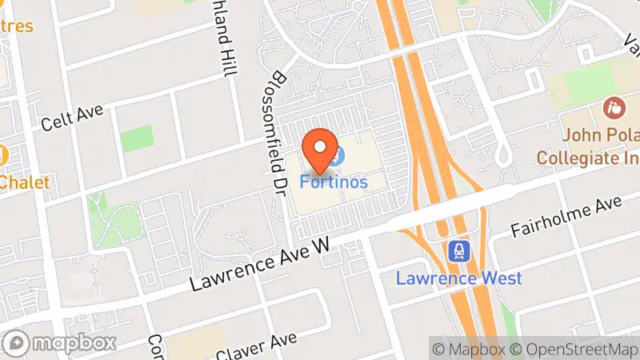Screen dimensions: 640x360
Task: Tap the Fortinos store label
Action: tap(334, 182)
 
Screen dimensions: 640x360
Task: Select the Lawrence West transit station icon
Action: tap(459, 251)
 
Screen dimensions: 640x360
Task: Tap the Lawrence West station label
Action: tap(459, 278)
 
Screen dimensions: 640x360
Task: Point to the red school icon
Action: tap(614, 106)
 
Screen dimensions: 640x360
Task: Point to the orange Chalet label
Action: tap(24, 182)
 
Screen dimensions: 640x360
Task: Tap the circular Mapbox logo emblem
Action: tap(18, 343)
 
